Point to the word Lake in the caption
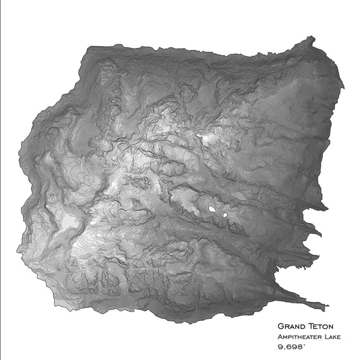pos(330,336)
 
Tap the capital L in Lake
pos(324,336)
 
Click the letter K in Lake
pos(333,336)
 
